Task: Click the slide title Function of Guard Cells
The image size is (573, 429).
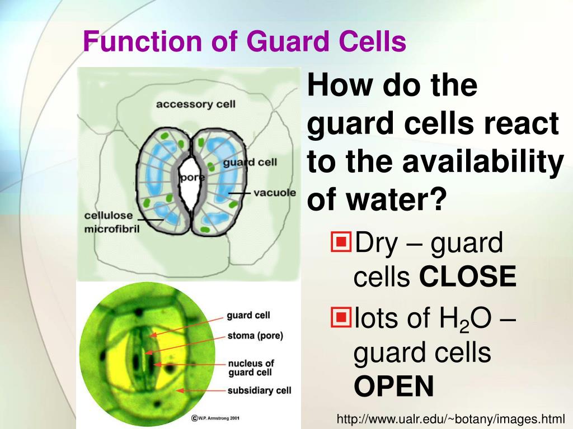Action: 245,42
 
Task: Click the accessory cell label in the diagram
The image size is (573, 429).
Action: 195,104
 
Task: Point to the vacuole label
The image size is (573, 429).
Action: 274,193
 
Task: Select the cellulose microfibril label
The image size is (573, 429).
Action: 109,222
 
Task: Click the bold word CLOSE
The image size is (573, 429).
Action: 467,277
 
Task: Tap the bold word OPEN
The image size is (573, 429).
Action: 393,387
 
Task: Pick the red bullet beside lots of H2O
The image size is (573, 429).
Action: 340,318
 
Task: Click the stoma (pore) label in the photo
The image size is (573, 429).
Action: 255,336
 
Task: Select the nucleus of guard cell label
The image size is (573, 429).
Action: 251,368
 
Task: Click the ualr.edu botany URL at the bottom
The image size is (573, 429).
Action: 450,418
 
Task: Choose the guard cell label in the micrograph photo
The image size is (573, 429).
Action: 248,316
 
